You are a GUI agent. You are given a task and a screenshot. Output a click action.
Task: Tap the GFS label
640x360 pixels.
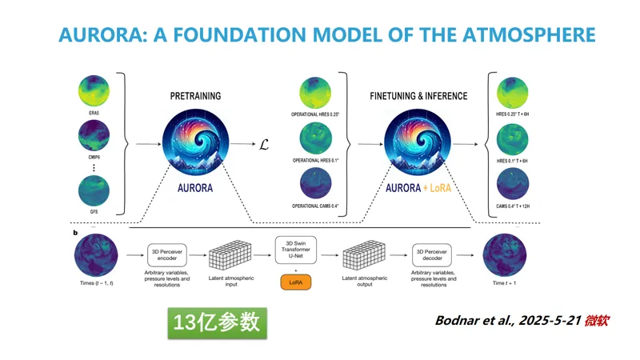94,214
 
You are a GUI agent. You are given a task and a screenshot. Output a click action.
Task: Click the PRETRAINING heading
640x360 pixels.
195,96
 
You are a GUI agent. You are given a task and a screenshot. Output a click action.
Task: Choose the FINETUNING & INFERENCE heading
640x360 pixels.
418,96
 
